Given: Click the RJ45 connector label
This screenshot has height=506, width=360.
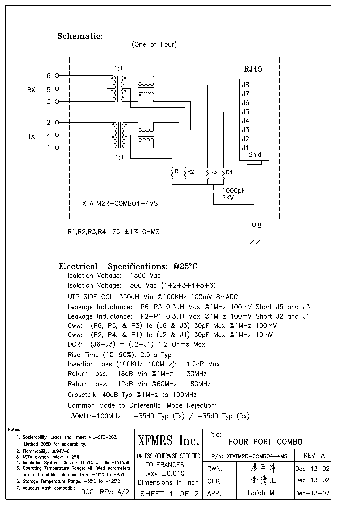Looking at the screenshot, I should click(253, 70).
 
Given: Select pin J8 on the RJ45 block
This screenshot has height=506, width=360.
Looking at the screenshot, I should click(245, 85).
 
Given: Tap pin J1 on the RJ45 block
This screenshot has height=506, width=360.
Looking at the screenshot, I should click(245, 148).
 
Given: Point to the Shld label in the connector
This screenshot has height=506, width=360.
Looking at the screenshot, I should click(255, 155).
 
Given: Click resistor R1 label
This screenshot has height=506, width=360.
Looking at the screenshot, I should click(176, 172).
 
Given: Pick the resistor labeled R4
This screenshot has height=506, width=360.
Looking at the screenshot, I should click(229, 172).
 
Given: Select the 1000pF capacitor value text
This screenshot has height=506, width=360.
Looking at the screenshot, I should click(233, 191).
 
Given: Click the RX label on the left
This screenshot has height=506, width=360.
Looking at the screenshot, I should click(31, 90).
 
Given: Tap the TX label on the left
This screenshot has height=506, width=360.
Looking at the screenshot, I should click(31, 135).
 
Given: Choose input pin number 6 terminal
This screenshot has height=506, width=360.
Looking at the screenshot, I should click(49, 76).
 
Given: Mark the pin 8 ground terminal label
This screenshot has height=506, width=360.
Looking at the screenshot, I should click(259, 225).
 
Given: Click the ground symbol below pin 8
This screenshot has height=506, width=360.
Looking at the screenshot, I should click(254, 242).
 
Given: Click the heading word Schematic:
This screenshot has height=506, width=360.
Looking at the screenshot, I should click(80, 36).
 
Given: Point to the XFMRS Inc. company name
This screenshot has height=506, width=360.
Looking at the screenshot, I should click(168, 441).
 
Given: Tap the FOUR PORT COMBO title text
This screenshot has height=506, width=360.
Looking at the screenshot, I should click(265, 442).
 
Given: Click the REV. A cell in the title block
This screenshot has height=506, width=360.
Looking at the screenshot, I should click(314, 455).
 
